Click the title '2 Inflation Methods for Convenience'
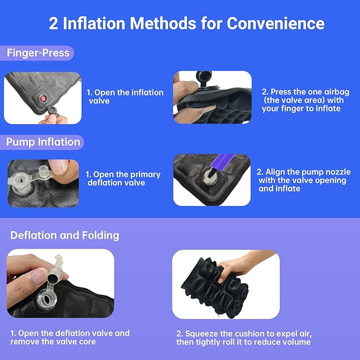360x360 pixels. pos(187,23)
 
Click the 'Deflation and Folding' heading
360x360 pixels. pos(65,235)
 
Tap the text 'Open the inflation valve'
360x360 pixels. pos(125,96)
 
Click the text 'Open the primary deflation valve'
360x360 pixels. pos(123,179)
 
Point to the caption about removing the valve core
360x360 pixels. pos(69,338)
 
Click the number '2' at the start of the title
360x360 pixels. pos(54,23)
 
